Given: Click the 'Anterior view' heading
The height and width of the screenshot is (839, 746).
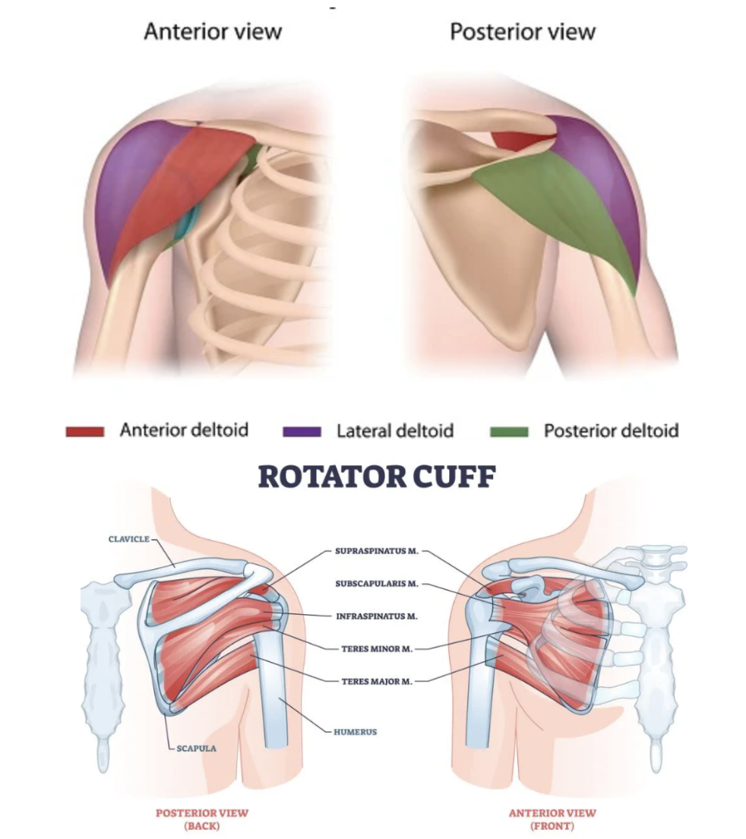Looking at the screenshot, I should (x=213, y=32).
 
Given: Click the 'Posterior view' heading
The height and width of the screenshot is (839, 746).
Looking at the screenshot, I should (x=523, y=32).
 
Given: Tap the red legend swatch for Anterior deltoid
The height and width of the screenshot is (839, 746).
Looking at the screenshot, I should (x=84, y=432).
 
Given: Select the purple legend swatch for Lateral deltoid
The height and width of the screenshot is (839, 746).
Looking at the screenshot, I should (x=302, y=432).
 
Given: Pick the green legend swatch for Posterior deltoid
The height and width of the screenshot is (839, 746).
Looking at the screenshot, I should (x=509, y=432).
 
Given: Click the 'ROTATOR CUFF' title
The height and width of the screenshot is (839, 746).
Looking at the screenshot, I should (x=377, y=477).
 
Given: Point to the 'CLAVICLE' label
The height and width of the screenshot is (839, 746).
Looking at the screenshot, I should (x=128, y=540).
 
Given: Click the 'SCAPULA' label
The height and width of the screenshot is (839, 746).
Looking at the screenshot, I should (x=196, y=748).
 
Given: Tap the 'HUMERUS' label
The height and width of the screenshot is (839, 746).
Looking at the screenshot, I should (x=355, y=733).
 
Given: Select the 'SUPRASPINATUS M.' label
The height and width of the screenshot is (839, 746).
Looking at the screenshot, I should (x=376, y=551).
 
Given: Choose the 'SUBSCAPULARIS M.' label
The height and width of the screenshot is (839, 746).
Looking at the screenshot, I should (x=377, y=584).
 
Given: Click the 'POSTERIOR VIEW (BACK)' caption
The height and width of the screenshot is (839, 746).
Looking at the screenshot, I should (x=202, y=818).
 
